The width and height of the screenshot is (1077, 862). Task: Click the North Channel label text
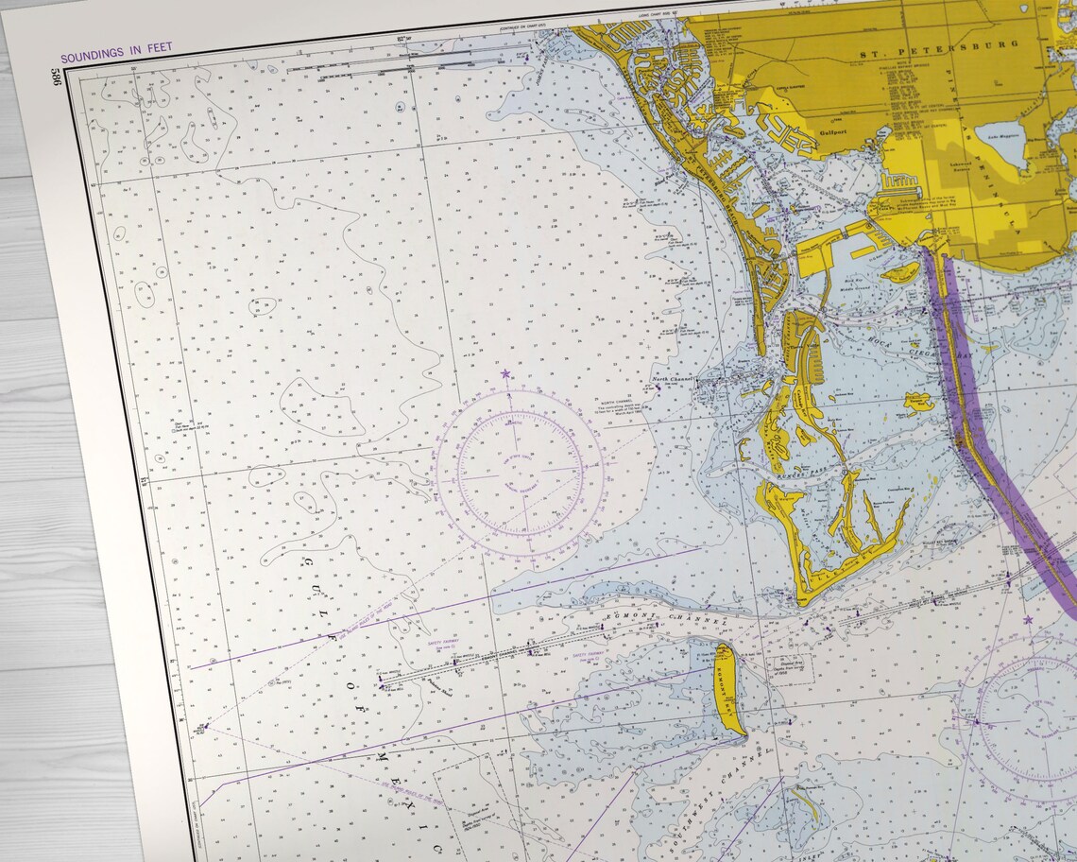pos(674,380)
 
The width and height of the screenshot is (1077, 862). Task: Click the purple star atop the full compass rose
pos(505,374)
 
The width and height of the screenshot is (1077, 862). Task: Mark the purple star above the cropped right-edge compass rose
pos(1028,620)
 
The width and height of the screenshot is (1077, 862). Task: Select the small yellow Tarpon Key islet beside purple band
pos(917,402)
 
